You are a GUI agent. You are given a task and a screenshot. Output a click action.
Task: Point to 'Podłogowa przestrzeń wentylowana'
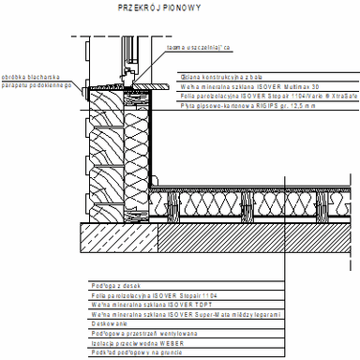point(130,332)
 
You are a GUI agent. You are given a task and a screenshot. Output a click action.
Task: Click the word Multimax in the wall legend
point(264,87)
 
